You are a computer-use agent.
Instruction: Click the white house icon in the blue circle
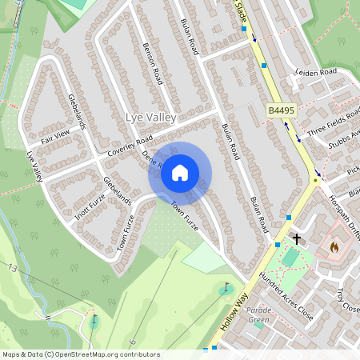pos(180,173)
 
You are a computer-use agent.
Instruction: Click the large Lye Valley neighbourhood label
pos(150,118)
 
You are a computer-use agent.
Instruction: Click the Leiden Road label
pos(318,71)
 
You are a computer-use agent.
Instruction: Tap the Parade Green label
pos(258,315)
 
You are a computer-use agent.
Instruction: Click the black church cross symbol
pos(296,238)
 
